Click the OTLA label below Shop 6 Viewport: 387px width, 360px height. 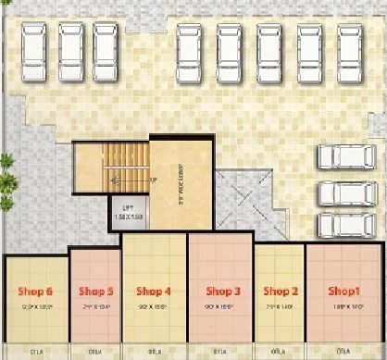(35, 352)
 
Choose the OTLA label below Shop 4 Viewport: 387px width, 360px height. (155, 352)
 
